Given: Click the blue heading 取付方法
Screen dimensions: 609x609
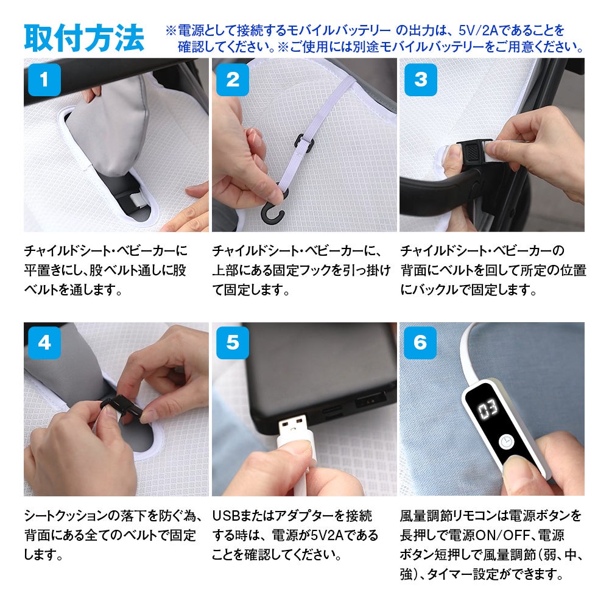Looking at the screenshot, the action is click(84, 38).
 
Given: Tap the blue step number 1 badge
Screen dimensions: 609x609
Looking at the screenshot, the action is click(44, 80).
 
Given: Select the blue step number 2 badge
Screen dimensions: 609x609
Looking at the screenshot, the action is click(232, 80).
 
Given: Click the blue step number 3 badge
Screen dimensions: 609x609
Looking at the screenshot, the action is click(421, 80).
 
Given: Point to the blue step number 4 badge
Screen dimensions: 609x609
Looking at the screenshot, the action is click(44, 342).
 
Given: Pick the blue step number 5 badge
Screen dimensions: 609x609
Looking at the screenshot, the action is click(232, 342).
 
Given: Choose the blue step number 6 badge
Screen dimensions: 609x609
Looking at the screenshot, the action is click(420, 342).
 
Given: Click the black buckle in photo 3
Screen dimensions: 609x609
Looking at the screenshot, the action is click(473, 154).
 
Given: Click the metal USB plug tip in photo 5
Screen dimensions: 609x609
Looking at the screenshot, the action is click(292, 427).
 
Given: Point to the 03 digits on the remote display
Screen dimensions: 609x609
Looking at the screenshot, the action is click(488, 409).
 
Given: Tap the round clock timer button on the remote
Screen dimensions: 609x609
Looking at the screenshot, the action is click(505, 442).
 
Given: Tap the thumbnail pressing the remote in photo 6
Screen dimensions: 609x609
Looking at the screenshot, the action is click(517, 465).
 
